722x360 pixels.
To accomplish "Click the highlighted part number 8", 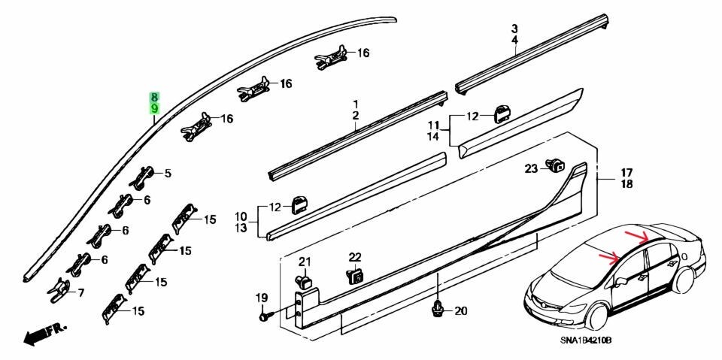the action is coord(155,98).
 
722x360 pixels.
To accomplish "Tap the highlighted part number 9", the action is coord(155,109).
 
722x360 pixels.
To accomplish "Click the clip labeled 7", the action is coord(60,291).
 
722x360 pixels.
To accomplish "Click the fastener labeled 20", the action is coord(436,310).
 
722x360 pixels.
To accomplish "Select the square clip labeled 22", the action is coord(353,276).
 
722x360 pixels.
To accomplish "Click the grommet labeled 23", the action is coord(556,165).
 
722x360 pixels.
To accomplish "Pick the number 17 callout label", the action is coord(626,173).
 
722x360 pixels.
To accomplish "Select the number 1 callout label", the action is coord(356,104).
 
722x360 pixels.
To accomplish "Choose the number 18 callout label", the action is coord(626,184).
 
